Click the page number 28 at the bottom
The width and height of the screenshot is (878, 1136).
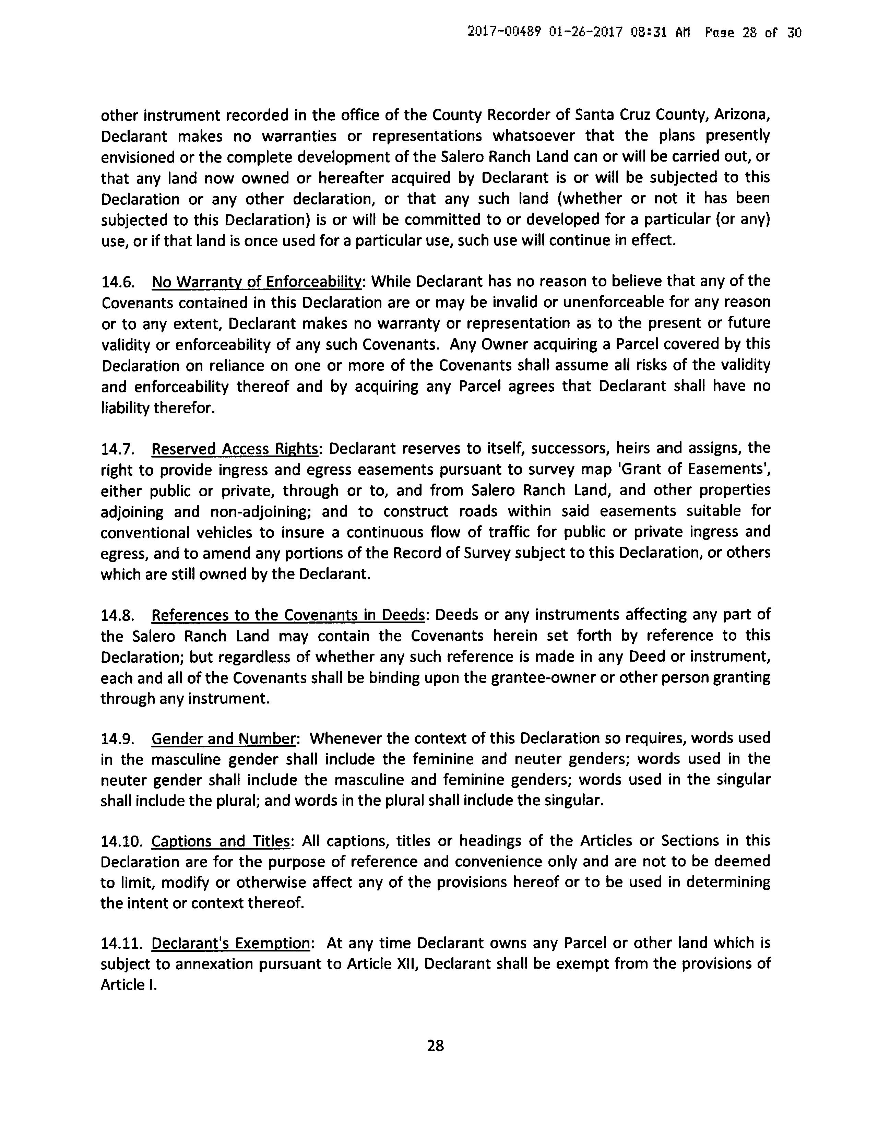(435, 1045)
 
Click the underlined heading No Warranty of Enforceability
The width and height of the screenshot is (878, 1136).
(257, 282)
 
